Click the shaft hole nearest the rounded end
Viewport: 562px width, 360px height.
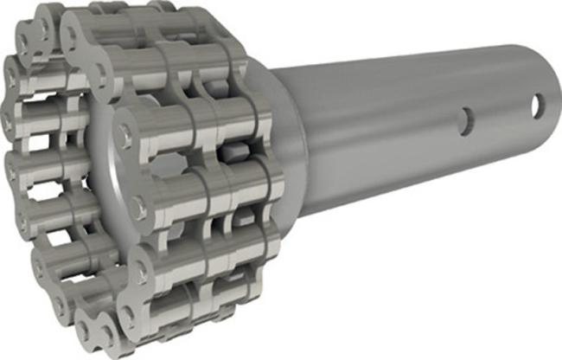(x=538, y=106)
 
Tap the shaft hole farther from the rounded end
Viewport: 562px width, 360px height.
(x=466, y=120)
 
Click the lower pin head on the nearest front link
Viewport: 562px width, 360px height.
(x=138, y=208)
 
